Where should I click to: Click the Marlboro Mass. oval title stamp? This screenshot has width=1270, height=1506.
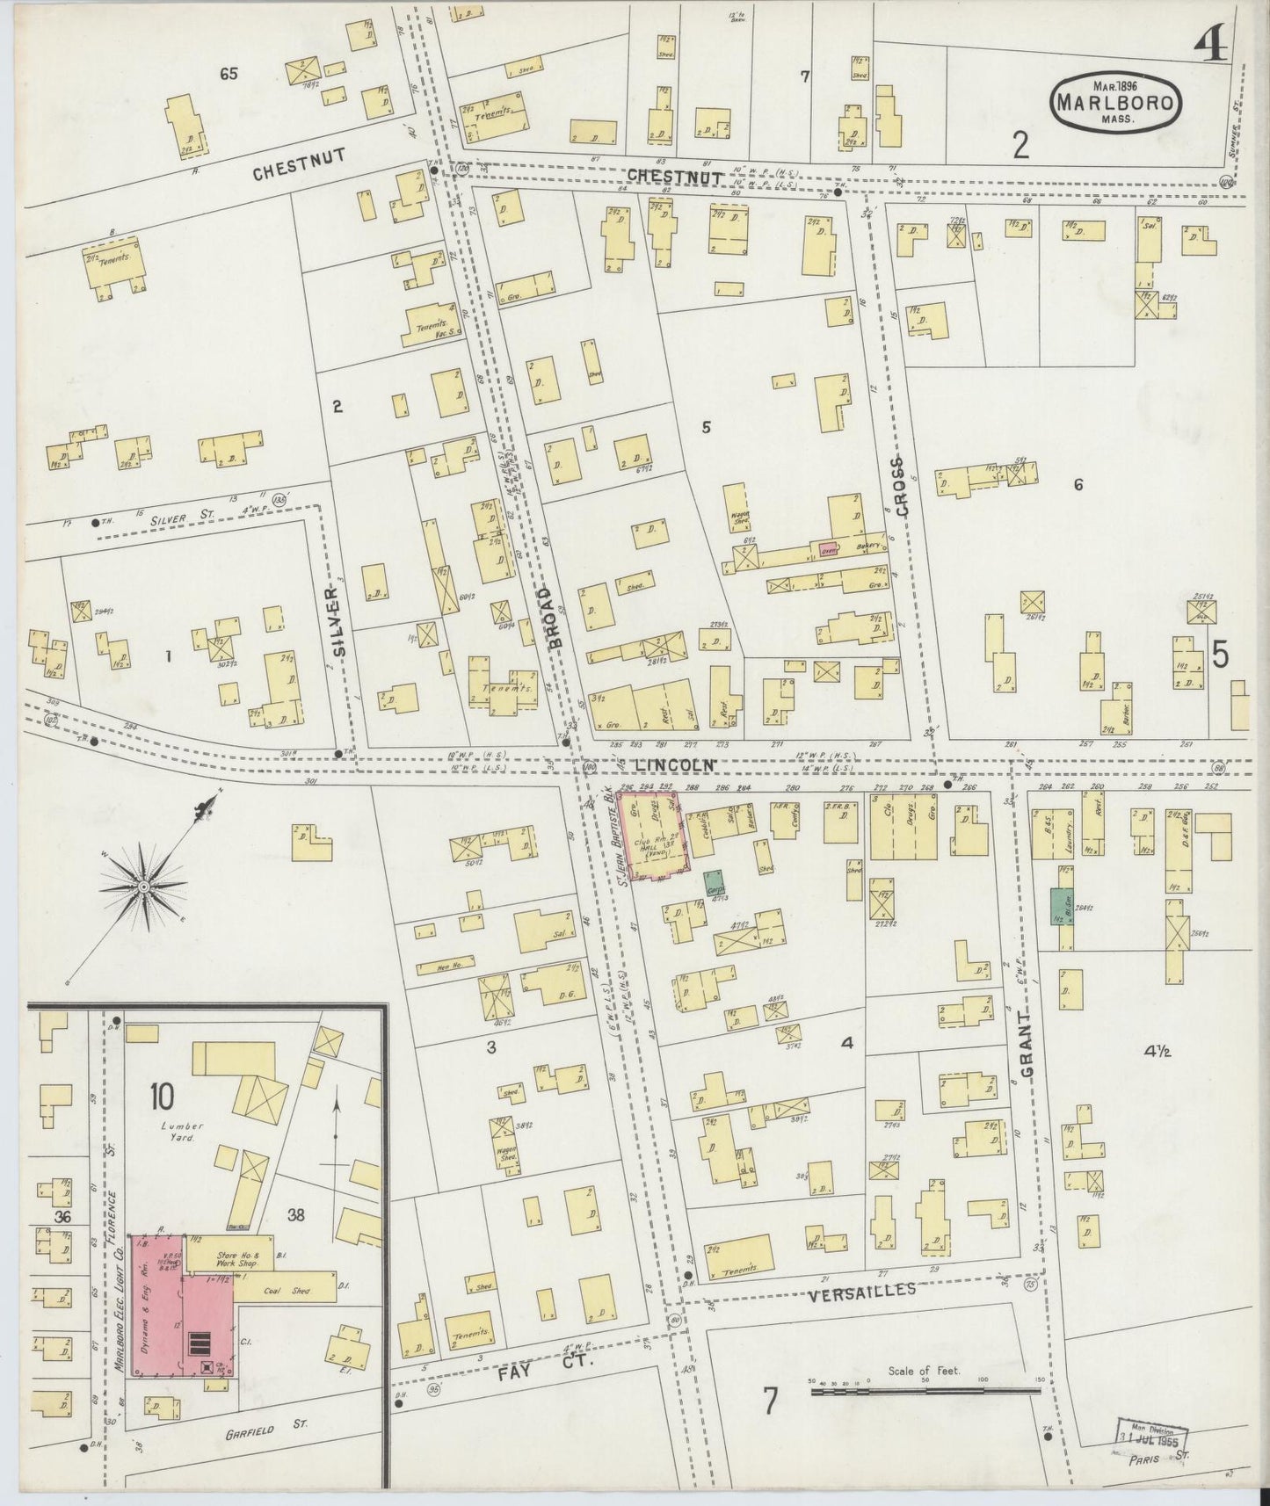pyautogui.click(x=1115, y=102)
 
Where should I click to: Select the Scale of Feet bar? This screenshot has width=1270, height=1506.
pyautogui.click(x=925, y=1390)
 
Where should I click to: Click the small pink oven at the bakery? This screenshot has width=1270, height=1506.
pyautogui.click(x=828, y=549)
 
